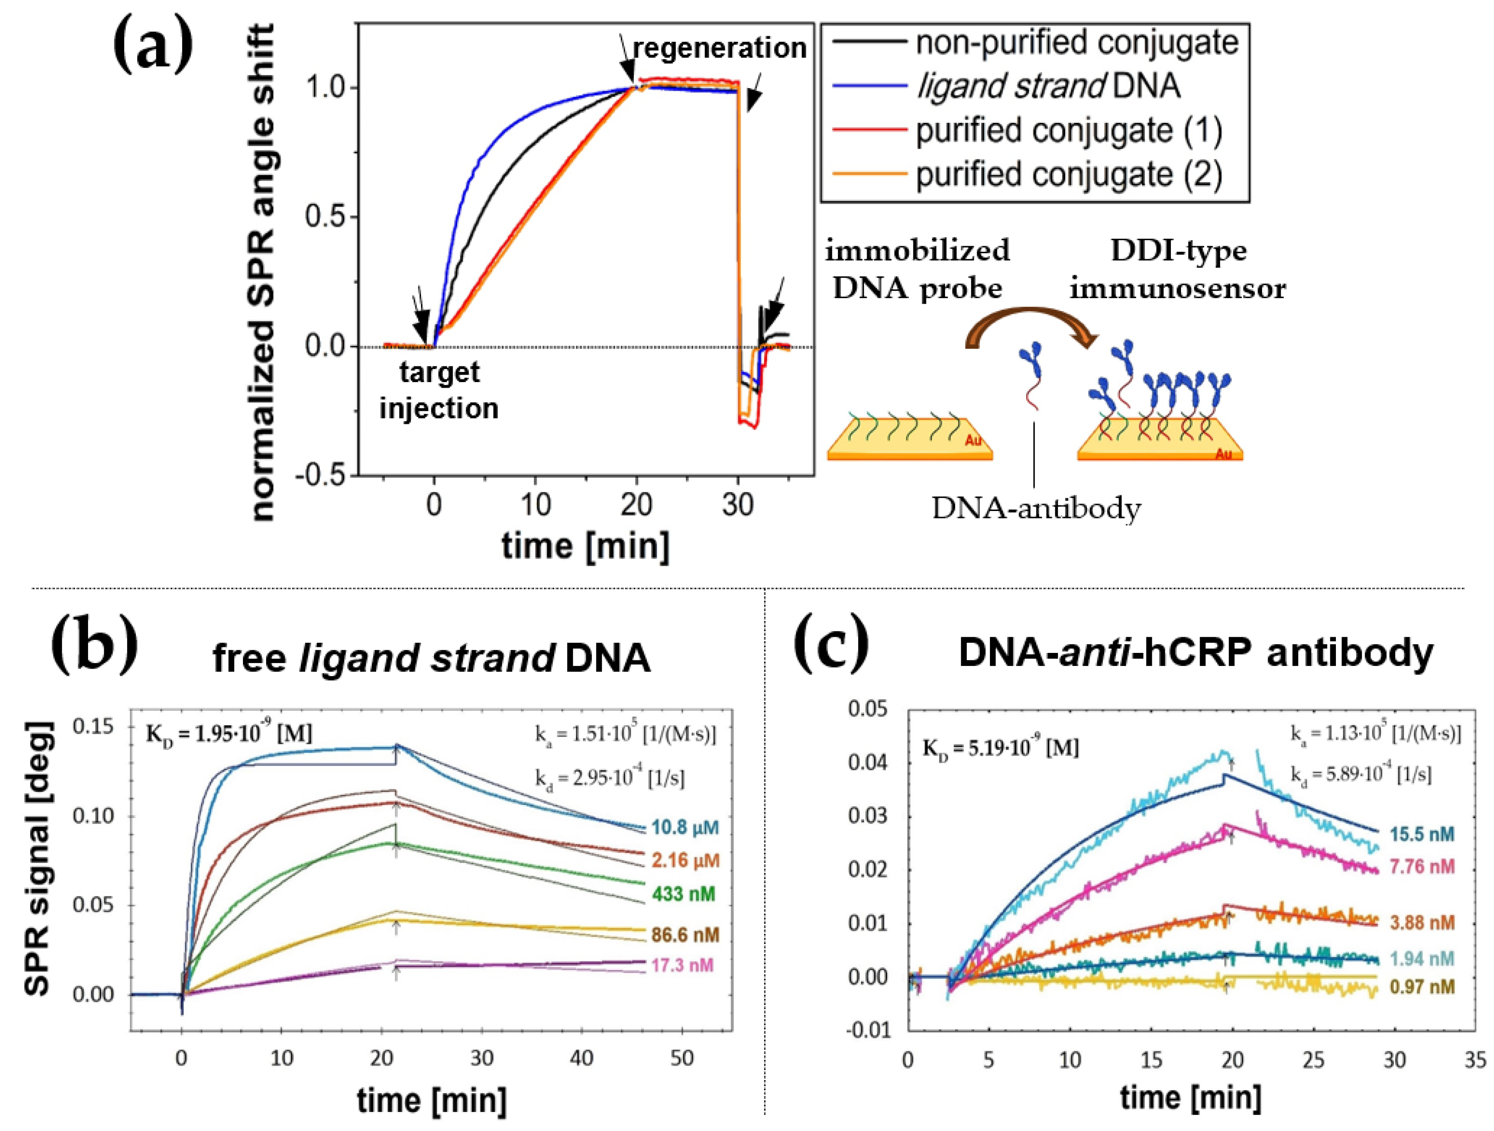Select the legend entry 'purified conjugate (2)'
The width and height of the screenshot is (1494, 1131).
1068,174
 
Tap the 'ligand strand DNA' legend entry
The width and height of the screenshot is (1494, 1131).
1048,86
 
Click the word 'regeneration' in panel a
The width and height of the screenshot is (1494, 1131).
719,48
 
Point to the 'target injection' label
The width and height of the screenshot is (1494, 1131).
439,390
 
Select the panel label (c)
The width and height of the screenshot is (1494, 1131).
831,643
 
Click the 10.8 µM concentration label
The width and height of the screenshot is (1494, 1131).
685,827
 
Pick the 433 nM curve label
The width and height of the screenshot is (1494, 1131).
683,894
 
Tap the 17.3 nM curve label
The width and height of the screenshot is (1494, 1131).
682,965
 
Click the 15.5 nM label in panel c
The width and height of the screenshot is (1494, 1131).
1422,834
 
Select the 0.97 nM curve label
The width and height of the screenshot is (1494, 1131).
1422,987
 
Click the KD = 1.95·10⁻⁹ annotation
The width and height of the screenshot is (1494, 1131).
229,734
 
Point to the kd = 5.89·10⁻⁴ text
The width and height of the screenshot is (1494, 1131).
1361,774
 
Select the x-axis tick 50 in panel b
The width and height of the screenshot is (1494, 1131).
682,1058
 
